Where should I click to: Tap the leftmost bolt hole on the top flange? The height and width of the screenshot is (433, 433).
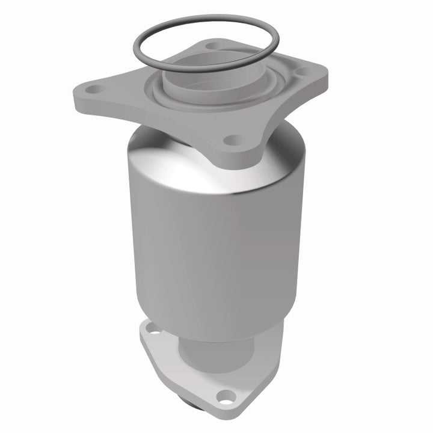pyautogui.click(x=94, y=91)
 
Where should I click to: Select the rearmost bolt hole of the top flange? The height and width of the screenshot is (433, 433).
pyautogui.click(x=211, y=46)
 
